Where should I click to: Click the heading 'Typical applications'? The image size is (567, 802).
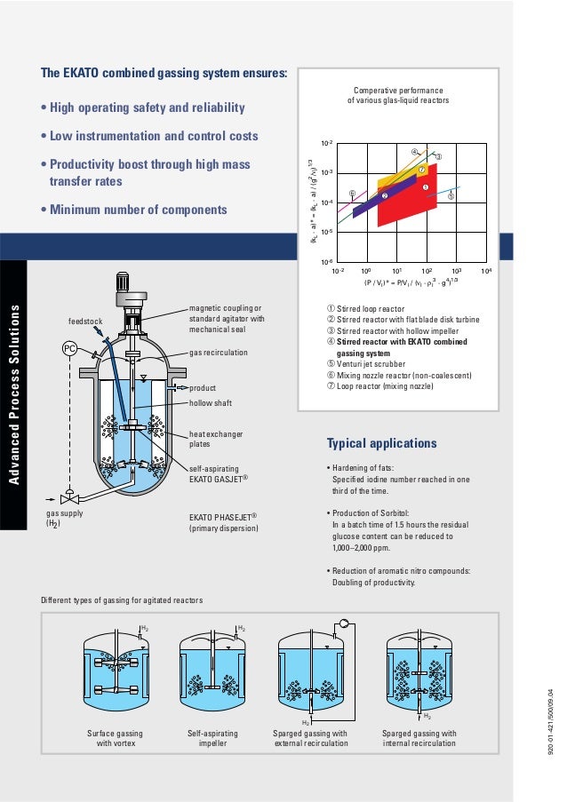tap(381, 443)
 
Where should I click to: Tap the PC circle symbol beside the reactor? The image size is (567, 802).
tap(69, 348)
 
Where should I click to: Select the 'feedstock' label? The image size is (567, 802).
tap(86, 321)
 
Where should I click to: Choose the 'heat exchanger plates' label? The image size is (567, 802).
tap(216, 439)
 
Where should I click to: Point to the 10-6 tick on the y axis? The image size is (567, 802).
tap(326, 262)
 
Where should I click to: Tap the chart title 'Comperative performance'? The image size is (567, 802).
tap(398, 91)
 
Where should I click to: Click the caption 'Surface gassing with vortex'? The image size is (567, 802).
tap(115, 739)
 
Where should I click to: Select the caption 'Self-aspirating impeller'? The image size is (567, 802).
tap(212, 739)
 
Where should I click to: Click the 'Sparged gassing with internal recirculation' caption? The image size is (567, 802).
tap(419, 739)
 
